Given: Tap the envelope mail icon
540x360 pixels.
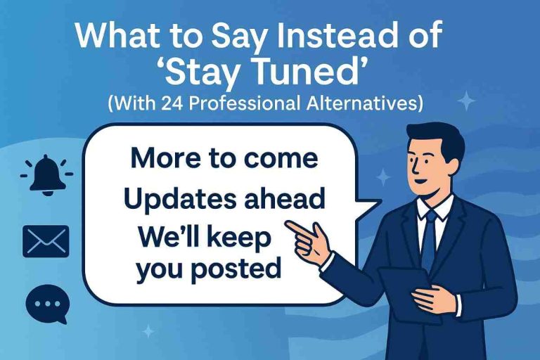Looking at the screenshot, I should [46, 241].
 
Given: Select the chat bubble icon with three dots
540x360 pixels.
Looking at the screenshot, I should [46, 304].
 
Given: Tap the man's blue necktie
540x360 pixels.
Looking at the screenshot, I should [427, 232].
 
